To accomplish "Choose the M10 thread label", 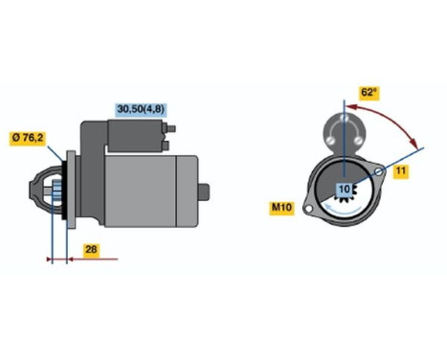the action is pyautogui.click(x=282, y=206).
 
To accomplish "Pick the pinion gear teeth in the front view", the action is pyautogui.click(x=344, y=202).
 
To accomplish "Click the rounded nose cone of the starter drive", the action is pyautogui.click(x=41, y=192).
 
